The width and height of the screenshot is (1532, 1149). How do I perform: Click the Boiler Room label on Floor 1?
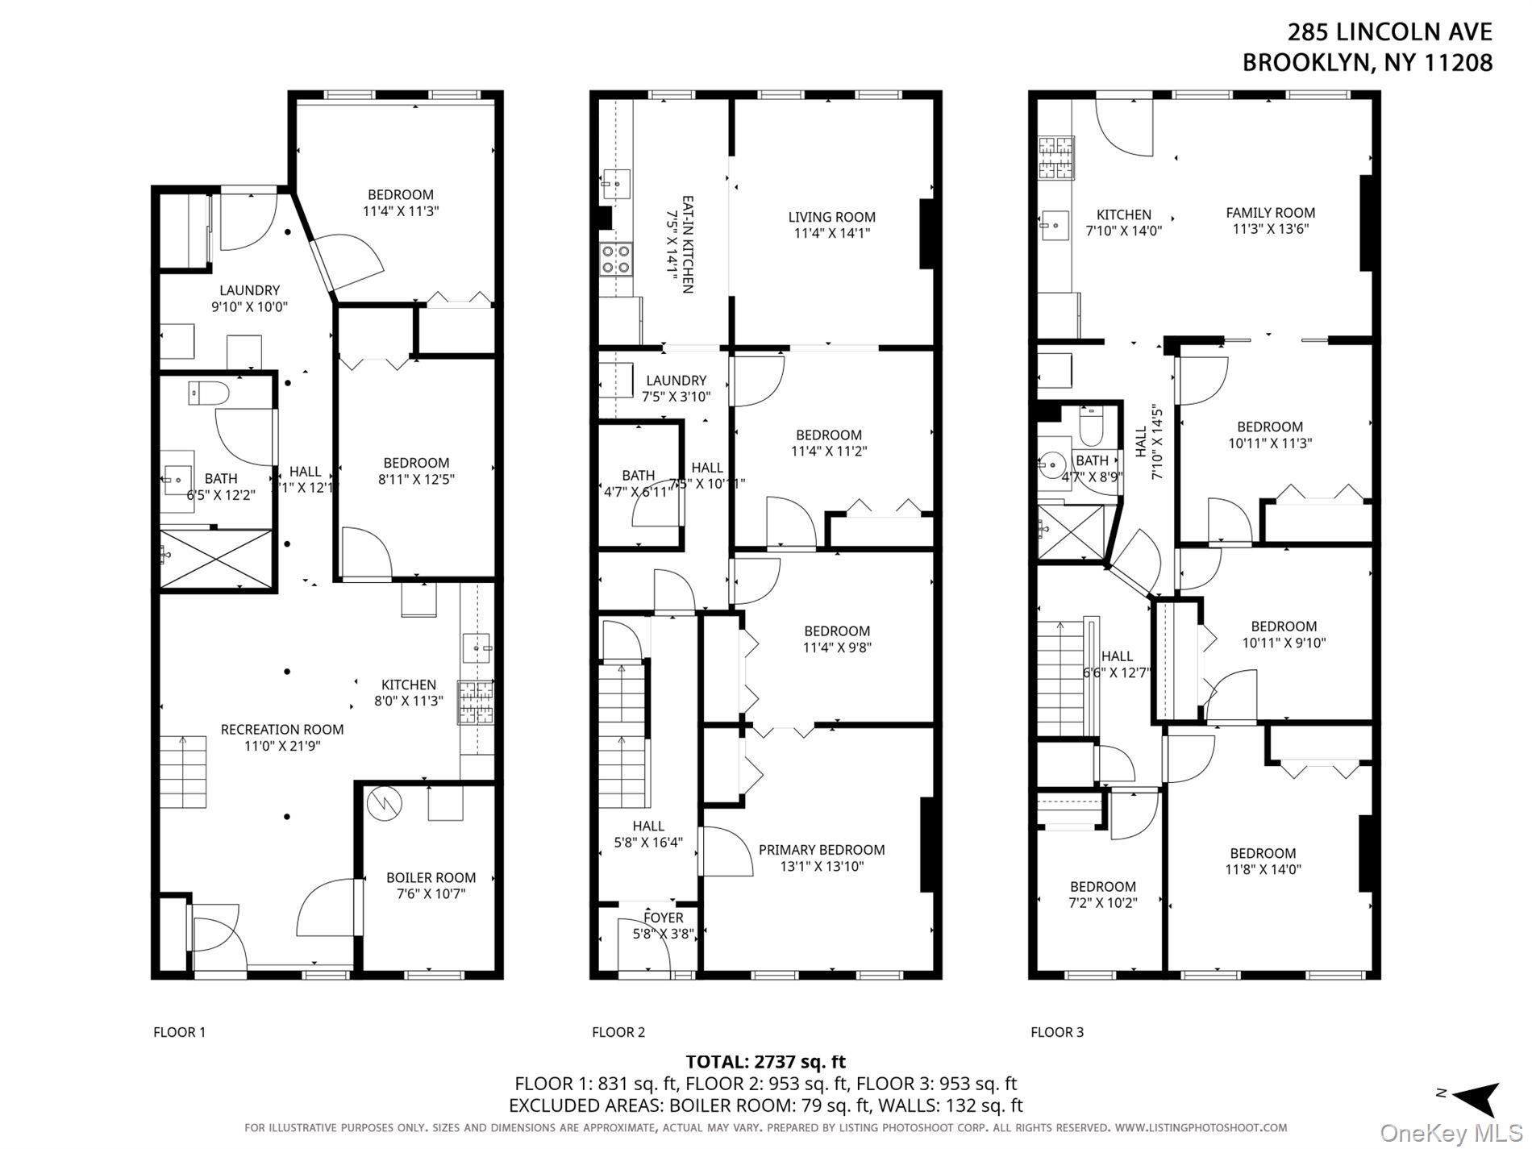pyautogui.click(x=431, y=877)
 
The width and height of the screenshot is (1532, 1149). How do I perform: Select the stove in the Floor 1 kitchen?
pyautogui.click(x=476, y=701)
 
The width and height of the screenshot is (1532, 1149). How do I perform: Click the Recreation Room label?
pyautogui.click(x=282, y=729)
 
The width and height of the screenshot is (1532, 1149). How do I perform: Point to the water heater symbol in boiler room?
pyautogui.click(x=380, y=803)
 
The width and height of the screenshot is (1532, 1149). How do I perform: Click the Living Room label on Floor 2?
pyautogui.click(x=831, y=217)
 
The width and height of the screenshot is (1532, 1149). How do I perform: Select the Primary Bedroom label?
pyautogui.click(x=821, y=850)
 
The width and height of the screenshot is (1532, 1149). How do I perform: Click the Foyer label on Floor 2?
pyautogui.click(x=664, y=918)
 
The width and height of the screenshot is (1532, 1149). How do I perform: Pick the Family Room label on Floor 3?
pyautogui.click(x=1270, y=213)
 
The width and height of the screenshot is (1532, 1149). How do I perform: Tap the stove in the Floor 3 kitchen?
pyautogui.click(x=1056, y=158)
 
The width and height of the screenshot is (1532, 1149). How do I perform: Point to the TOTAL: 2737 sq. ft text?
pyautogui.click(x=765, y=1062)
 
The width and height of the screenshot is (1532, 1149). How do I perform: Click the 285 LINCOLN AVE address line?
pyautogui.click(x=1389, y=32)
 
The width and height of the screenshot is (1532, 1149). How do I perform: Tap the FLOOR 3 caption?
pyautogui.click(x=1056, y=1032)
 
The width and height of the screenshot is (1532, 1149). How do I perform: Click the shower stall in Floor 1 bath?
pyautogui.click(x=216, y=558)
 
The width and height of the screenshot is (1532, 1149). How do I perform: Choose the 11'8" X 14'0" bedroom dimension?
pyautogui.click(x=1263, y=869)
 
